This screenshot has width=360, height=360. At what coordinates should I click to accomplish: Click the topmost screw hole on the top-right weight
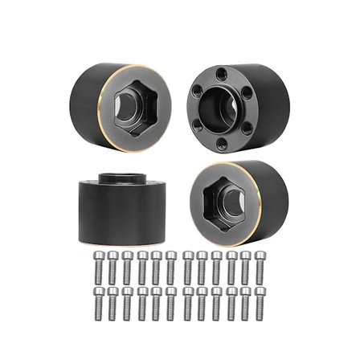(x=219, y=74)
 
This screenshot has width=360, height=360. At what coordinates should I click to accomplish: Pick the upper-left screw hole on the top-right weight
(x=198, y=90)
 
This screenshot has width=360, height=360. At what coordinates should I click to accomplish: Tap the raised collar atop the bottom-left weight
(x=121, y=178)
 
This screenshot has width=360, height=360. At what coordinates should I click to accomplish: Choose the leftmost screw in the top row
(x=99, y=267)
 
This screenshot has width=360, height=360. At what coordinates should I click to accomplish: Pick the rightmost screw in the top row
(x=260, y=267)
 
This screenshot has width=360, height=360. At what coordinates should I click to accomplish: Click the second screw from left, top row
(x=113, y=267)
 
